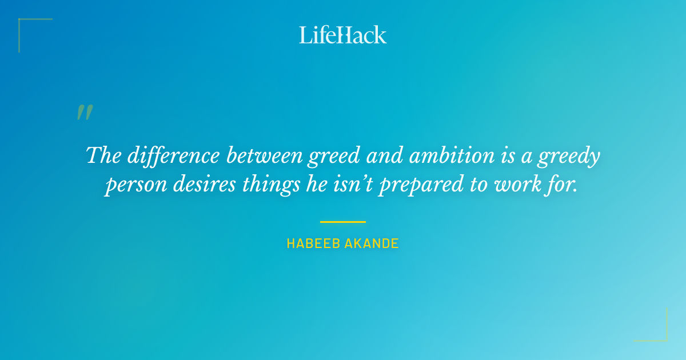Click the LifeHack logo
tap(343, 35)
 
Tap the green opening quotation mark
tap(84, 113)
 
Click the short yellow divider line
tap(343, 222)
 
